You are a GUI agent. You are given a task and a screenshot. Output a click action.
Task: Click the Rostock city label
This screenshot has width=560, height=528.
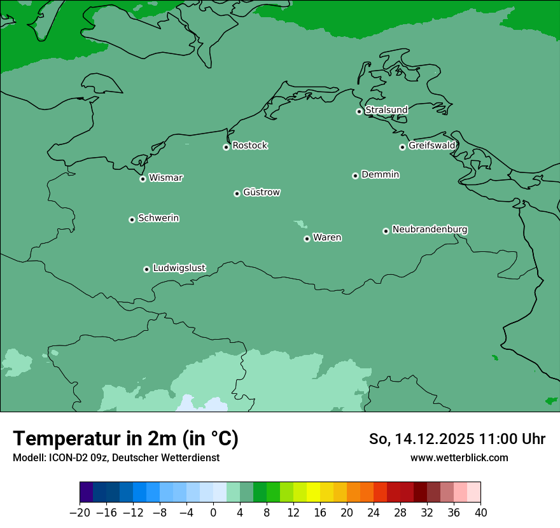249,146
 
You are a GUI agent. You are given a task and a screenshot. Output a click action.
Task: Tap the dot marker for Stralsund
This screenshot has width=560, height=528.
359,111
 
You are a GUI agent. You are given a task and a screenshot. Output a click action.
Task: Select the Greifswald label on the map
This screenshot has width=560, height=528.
431,146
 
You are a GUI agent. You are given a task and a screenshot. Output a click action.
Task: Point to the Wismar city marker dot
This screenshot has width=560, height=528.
143,179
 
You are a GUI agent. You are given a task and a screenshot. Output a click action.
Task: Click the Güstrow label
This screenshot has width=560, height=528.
261,192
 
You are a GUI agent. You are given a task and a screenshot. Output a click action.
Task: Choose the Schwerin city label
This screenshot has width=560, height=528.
158,218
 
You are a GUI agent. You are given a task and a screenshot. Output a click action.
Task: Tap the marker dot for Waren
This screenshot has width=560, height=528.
307,239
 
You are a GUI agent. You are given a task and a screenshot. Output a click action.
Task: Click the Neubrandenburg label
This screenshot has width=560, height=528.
430,229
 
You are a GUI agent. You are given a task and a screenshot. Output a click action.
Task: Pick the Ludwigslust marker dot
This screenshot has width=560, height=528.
146,269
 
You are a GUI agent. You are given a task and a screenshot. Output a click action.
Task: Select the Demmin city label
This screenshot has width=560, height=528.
380,174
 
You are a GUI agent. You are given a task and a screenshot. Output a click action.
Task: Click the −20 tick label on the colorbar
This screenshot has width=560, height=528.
80,513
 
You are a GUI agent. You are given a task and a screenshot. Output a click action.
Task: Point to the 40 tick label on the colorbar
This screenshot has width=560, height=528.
480,513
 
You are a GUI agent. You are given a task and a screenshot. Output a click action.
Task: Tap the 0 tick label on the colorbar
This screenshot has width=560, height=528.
213,513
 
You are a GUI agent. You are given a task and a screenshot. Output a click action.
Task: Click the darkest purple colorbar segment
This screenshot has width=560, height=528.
86,492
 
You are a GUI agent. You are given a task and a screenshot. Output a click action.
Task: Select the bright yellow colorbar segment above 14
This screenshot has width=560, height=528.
313,492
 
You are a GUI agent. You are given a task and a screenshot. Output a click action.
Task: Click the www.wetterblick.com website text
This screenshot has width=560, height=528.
459,457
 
